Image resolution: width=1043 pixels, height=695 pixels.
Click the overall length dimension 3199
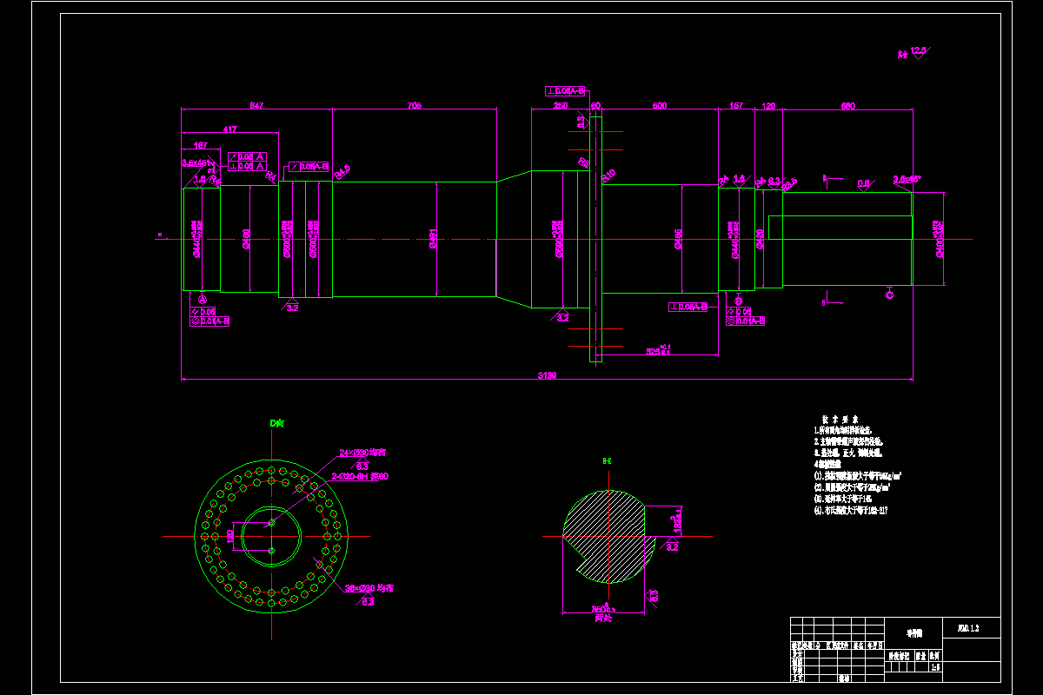547,375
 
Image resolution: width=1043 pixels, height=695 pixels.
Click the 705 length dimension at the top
414,106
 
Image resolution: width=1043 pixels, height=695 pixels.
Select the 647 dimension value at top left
256,106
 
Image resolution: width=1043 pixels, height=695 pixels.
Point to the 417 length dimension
229,129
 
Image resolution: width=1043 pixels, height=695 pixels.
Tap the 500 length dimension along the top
659,106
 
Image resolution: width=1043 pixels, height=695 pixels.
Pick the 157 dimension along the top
735,106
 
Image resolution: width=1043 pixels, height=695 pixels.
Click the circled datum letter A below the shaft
203,299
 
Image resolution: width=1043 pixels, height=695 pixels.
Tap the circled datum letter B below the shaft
739,300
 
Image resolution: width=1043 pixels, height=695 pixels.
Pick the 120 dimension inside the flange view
230,536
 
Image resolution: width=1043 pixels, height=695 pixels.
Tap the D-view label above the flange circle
276,423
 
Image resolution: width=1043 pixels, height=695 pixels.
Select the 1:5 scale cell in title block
935,668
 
